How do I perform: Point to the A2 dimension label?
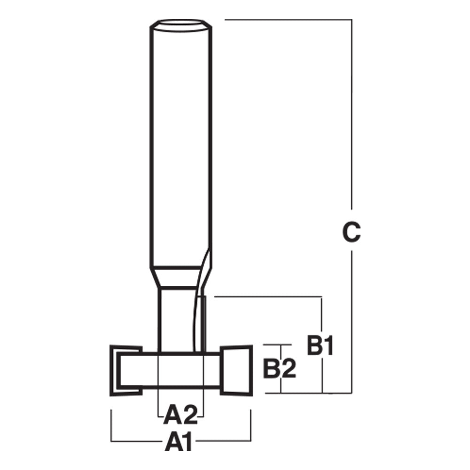click(x=181, y=415)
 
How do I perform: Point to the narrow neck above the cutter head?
click(x=174, y=320)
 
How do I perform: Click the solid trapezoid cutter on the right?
click(x=237, y=369)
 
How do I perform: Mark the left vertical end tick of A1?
click(x=111, y=423)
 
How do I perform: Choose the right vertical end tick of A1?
click(x=251, y=423)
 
